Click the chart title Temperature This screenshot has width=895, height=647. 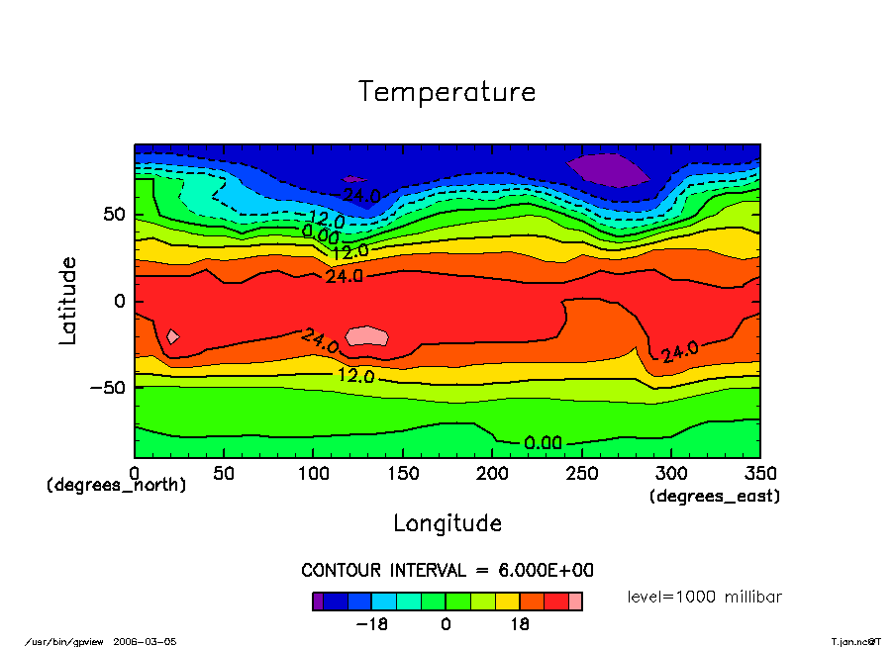point(447,92)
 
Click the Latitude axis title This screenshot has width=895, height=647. point(67,301)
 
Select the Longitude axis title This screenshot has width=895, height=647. point(447,523)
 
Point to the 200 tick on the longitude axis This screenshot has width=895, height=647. point(492,473)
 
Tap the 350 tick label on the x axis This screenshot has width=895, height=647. point(760,473)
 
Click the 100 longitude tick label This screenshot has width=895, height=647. point(313,473)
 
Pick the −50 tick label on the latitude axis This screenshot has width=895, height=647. point(105,387)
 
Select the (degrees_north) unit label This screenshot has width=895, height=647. point(117,486)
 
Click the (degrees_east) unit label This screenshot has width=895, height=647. point(715,496)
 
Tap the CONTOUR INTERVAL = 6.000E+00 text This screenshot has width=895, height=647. point(447,571)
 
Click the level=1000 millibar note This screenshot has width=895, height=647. point(705,598)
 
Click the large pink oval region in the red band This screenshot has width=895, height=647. point(367,336)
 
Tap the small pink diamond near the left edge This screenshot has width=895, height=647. point(172,336)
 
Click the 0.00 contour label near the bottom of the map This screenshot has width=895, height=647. point(544,442)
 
